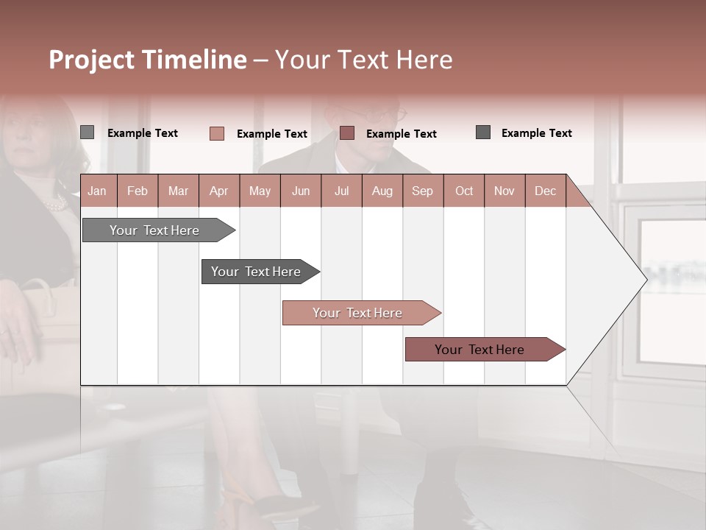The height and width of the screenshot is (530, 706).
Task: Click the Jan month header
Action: (x=97, y=191)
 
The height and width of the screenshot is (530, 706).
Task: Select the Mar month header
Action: (x=178, y=191)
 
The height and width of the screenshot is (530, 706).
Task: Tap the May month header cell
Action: (x=260, y=191)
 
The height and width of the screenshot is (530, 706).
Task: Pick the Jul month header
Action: (x=341, y=191)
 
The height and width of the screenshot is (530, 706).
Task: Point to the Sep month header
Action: (x=422, y=191)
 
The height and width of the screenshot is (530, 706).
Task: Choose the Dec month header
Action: (x=545, y=191)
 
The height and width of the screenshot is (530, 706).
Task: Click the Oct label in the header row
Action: (x=464, y=191)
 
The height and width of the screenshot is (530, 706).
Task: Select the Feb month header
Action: (x=138, y=191)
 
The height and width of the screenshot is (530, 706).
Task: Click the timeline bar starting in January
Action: (x=154, y=230)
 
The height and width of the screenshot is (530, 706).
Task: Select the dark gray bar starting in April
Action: (x=256, y=272)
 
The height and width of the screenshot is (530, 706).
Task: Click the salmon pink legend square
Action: (x=217, y=133)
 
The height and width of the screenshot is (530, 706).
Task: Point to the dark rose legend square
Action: (x=347, y=132)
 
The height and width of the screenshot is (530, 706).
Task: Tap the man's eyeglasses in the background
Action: (x=397, y=114)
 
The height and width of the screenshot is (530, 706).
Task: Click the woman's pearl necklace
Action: (x=56, y=204)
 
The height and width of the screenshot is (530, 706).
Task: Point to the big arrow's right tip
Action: (x=645, y=279)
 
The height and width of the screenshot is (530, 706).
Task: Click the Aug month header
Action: (x=382, y=191)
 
